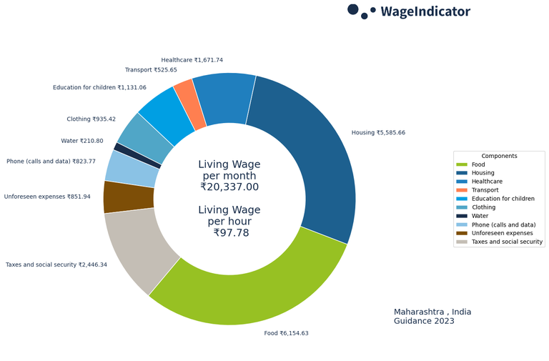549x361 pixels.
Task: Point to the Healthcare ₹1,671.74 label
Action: (x=192, y=60)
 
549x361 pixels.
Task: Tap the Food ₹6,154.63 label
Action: (x=286, y=333)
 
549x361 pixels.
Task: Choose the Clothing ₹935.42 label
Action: (x=91, y=119)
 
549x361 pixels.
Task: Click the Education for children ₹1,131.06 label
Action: (x=99, y=88)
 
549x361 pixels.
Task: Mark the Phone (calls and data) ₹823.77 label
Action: (x=51, y=162)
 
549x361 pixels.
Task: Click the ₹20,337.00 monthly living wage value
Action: (x=229, y=187)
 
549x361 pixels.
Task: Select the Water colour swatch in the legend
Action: (x=462, y=216)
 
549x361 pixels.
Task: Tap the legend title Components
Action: (x=499, y=156)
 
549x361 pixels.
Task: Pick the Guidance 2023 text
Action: (x=423, y=322)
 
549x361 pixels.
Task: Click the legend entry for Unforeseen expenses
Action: (x=502, y=233)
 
